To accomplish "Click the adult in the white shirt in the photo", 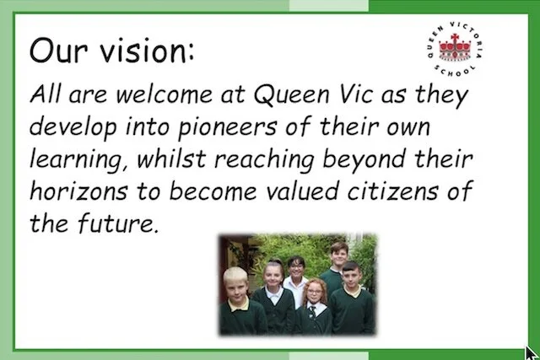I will coord(296,271).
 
